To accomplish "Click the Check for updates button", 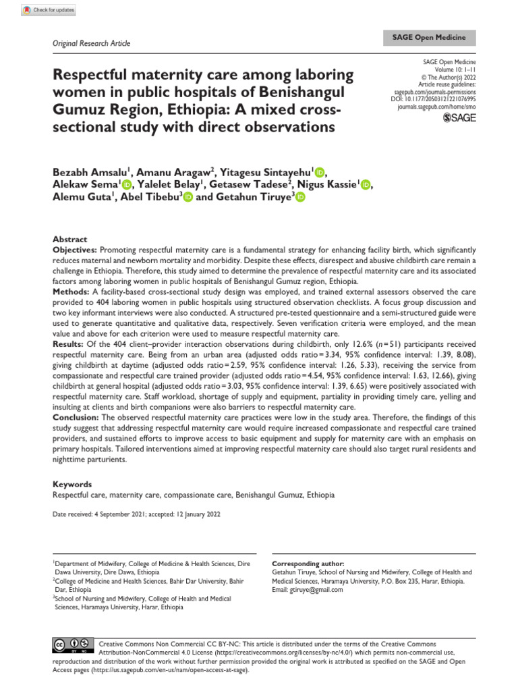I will click(x=49, y=11).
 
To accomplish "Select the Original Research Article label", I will click(x=91, y=43).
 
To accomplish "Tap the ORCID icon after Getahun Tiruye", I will click(x=300, y=197).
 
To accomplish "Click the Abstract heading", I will click(x=70, y=240).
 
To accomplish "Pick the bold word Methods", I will click(x=72, y=291).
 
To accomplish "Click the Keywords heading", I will click(x=72, y=485).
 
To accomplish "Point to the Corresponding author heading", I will click(x=308, y=563).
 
